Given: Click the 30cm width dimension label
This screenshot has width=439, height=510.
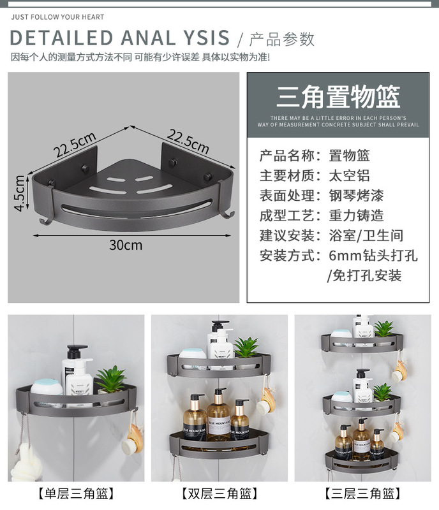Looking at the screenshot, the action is [x=126, y=245].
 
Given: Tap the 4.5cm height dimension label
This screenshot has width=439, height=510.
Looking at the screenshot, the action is [x=20, y=193].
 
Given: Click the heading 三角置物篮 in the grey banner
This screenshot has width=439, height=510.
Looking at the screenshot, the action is [x=338, y=97].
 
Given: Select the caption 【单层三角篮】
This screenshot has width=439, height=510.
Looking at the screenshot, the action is [x=76, y=493].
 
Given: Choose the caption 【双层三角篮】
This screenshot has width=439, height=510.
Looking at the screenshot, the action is [x=219, y=493].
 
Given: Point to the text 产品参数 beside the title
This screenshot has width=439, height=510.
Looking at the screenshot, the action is [x=281, y=39].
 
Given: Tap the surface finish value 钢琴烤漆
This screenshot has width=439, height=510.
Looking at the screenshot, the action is [x=359, y=196].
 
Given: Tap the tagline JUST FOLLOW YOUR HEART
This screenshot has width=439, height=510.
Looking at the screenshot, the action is [x=57, y=17].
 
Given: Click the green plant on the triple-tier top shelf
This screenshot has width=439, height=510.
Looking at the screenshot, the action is [x=383, y=329].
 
